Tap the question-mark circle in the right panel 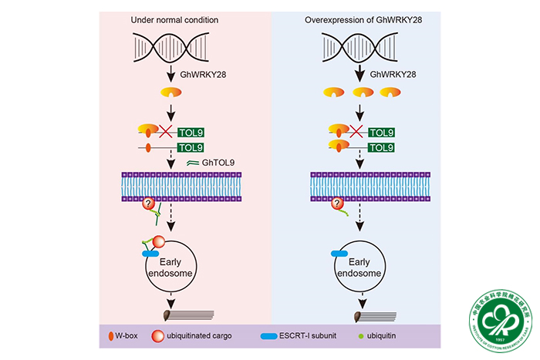tap(337, 204)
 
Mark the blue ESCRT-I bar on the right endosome tap(339, 253)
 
